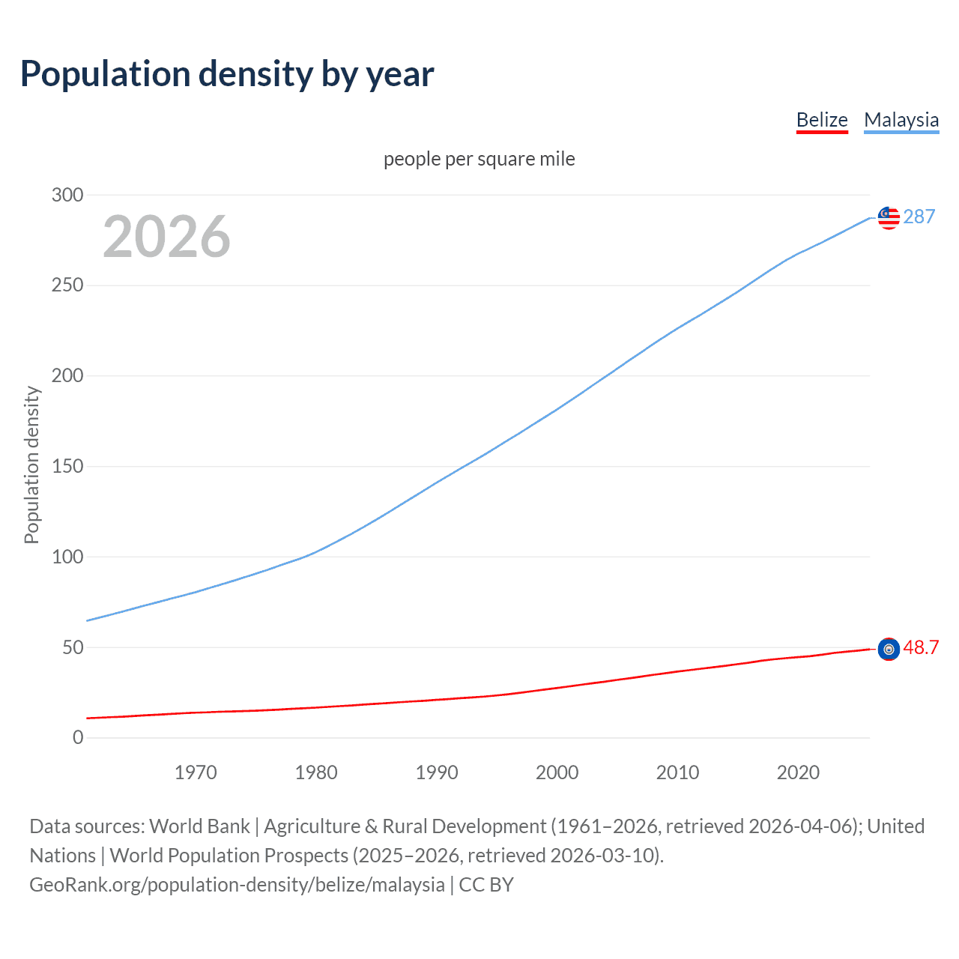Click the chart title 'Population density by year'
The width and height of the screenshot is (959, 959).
click(227, 74)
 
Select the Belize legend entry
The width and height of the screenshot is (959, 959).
click(822, 120)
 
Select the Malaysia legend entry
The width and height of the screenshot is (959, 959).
click(901, 120)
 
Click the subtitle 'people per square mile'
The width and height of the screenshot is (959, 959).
click(479, 159)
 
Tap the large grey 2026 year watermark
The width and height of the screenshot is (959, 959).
click(166, 237)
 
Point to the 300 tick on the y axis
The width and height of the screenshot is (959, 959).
click(67, 195)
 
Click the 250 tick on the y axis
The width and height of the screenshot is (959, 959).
click(67, 285)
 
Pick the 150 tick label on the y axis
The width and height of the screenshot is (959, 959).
click(67, 466)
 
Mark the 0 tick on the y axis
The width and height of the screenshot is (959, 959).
click(78, 737)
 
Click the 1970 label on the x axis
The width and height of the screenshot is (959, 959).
click(196, 772)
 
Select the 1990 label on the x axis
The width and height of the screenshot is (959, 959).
click(437, 772)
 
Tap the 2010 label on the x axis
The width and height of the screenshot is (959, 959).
click(677, 772)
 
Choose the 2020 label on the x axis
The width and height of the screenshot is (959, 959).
click(798, 772)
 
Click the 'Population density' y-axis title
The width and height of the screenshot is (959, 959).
click(31, 465)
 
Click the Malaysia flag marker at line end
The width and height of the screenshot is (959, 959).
click(889, 217)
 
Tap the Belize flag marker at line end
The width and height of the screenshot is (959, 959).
click(889, 649)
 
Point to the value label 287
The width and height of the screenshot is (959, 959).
click(919, 217)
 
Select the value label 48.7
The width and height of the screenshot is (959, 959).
click(921, 647)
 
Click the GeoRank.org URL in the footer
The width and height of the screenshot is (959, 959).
click(237, 884)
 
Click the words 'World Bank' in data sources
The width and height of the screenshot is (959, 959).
click(199, 826)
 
